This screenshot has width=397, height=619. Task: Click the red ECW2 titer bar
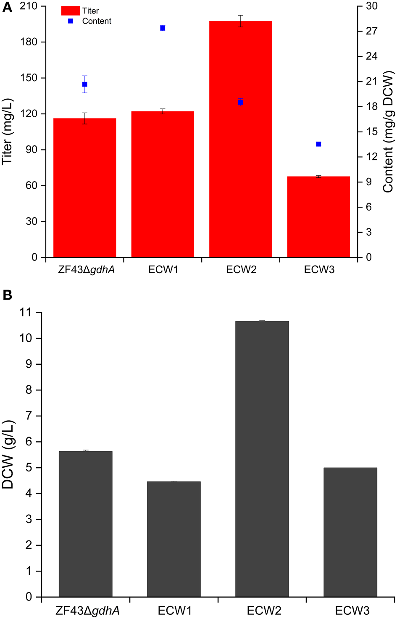click(240, 139)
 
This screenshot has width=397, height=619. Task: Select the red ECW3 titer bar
click(318, 216)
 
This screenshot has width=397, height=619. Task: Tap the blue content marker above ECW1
click(163, 28)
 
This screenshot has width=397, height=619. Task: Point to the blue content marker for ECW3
click(318, 144)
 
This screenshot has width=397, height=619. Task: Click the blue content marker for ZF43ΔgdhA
click(85, 84)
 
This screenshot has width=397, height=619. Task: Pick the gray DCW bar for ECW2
click(262, 458)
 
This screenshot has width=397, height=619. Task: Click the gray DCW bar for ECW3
click(350, 532)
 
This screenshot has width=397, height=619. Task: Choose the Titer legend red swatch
click(70, 11)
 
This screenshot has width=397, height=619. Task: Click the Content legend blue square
click(71, 21)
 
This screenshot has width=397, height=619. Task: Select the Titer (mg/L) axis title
click(8, 132)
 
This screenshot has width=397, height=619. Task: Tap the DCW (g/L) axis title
click(8, 454)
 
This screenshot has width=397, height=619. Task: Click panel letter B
click(7, 295)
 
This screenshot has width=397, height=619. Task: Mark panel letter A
click(7, 8)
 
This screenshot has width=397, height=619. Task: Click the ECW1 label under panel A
click(163, 270)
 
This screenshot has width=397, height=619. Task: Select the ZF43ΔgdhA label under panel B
click(87, 611)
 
